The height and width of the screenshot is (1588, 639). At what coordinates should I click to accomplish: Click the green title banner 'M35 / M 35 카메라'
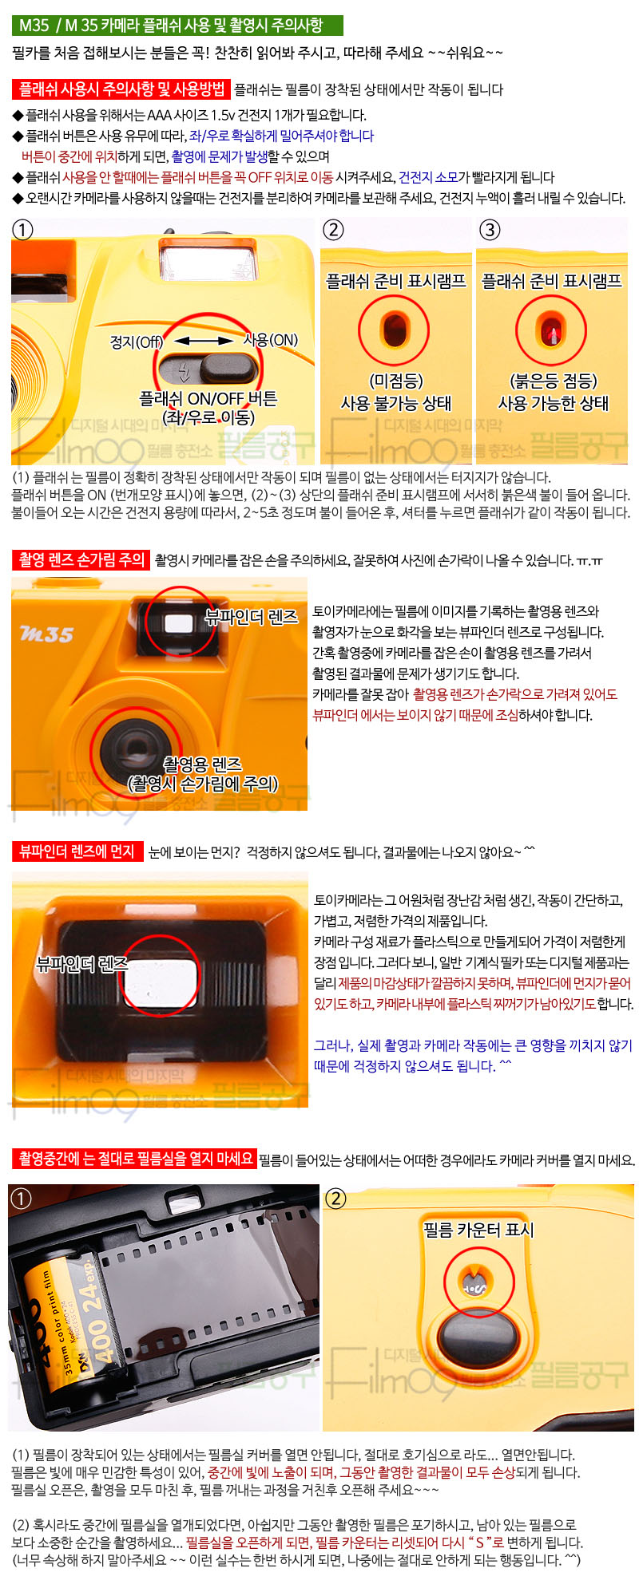point(177,25)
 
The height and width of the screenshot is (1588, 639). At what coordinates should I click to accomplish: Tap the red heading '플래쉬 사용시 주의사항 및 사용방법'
point(121,89)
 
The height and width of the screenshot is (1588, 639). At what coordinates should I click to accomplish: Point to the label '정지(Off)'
point(136,342)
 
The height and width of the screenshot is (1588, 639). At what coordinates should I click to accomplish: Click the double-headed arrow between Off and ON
point(203,341)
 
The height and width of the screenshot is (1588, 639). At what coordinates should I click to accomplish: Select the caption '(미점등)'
point(396,381)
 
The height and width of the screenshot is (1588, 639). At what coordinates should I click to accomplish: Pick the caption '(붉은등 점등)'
point(554,381)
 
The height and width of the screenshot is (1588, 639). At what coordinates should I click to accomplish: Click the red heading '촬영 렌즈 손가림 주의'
point(81,560)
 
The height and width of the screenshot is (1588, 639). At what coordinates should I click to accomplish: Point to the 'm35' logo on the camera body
point(46,634)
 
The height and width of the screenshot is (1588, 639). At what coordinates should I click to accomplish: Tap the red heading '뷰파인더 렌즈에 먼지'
point(77,851)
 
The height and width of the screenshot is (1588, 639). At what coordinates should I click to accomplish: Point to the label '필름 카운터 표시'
point(478,1230)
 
